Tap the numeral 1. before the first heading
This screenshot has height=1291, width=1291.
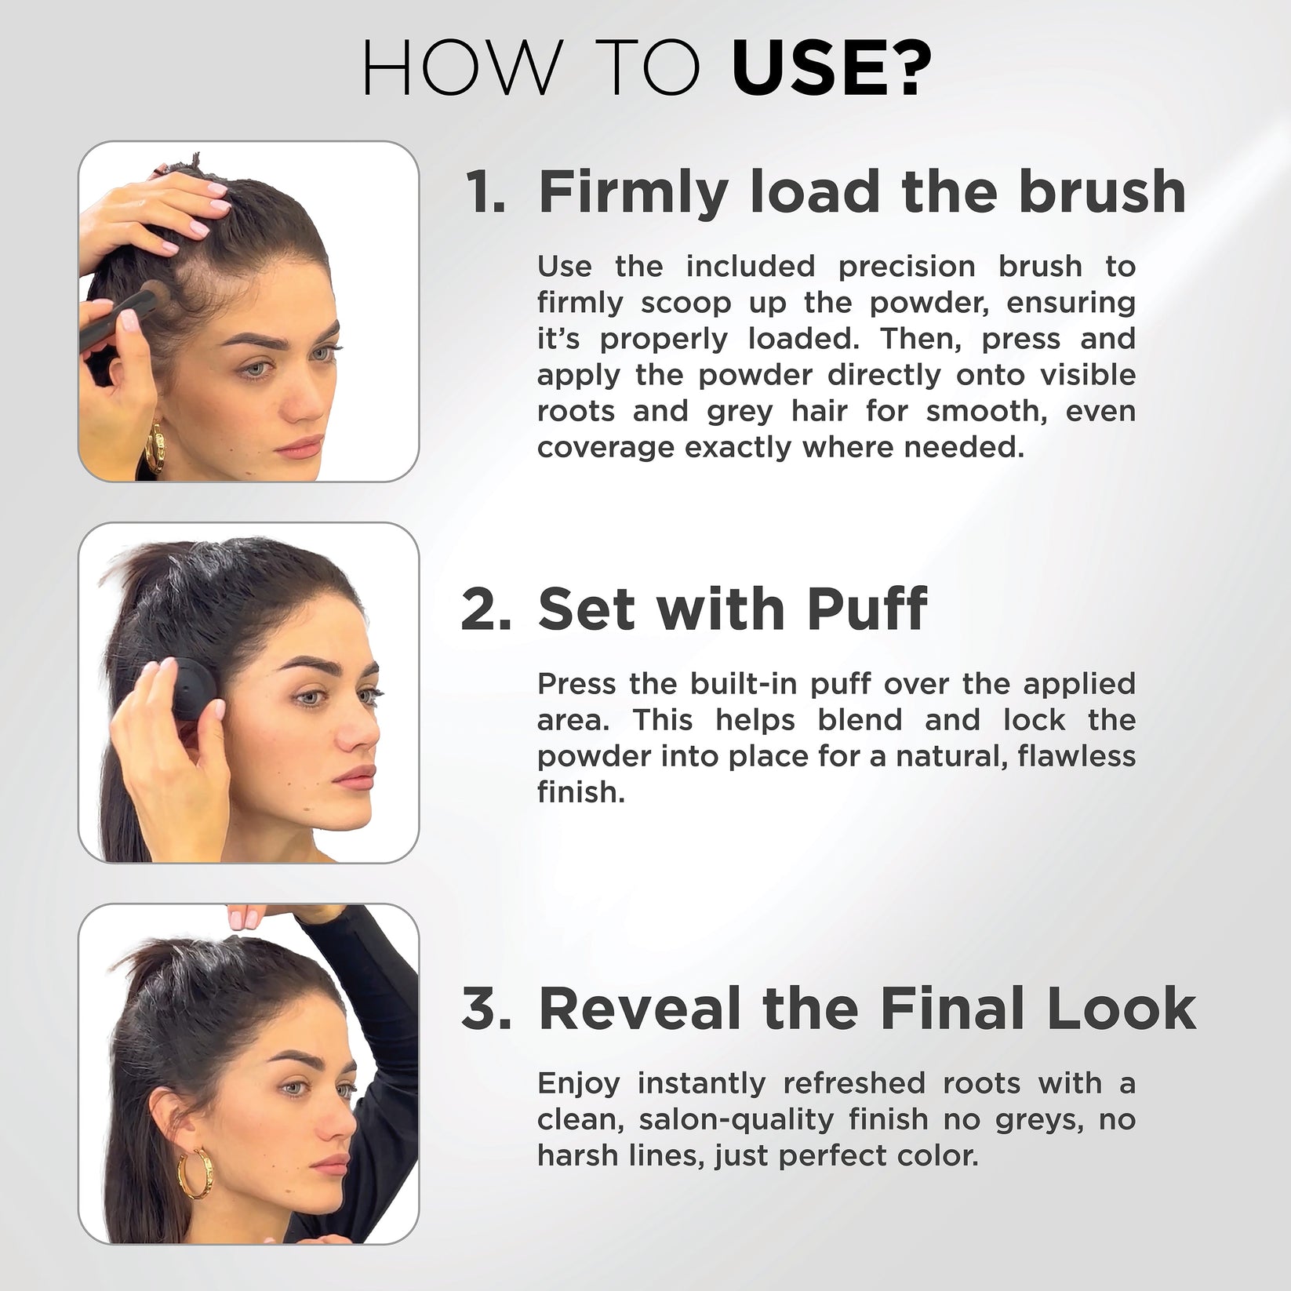[485, 192]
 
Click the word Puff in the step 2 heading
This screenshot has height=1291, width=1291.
[867, 609]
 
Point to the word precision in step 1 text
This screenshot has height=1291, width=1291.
[907, 267]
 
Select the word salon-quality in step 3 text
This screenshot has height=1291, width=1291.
[736, 1119]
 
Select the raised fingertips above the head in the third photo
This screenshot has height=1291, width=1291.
[247, 916]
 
